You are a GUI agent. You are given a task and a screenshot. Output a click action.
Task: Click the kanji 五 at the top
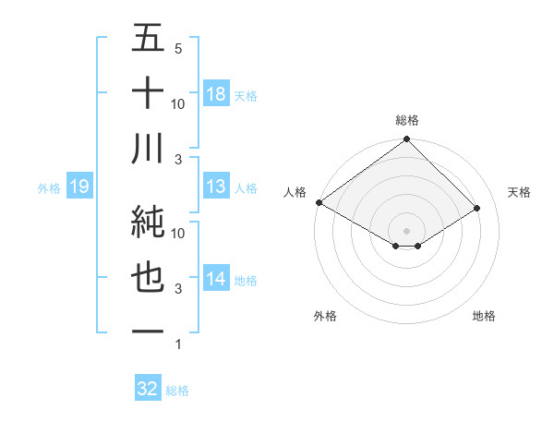point(149,39)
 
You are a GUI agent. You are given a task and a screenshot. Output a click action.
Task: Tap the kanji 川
point(149,150)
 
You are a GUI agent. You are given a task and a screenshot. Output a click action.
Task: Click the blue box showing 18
point(216,94)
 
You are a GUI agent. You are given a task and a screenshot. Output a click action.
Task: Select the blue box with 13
point(216,187)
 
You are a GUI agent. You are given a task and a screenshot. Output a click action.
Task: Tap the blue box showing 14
point(216,280)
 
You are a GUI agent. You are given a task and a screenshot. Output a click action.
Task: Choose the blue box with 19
point(79,187)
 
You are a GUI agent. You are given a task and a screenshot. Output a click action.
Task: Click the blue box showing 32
point(148,389)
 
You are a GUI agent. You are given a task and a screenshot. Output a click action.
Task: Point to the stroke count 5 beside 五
point(178,48)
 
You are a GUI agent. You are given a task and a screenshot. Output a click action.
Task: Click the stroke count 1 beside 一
point(178,344)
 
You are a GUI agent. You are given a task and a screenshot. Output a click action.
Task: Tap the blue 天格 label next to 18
point(246,95)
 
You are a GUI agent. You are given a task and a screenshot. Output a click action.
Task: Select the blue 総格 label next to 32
point(177,390)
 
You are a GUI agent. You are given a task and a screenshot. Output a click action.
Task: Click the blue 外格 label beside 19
point(49,188)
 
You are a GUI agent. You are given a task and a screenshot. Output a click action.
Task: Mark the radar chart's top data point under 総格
point(406,140)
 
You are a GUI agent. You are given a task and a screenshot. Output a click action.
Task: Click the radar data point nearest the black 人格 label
point(319,201)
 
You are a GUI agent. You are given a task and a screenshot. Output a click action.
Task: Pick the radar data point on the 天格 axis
point(478,208)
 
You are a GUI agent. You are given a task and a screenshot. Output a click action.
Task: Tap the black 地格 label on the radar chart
point(484,316)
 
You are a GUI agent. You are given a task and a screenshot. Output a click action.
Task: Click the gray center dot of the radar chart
point(406,230)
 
